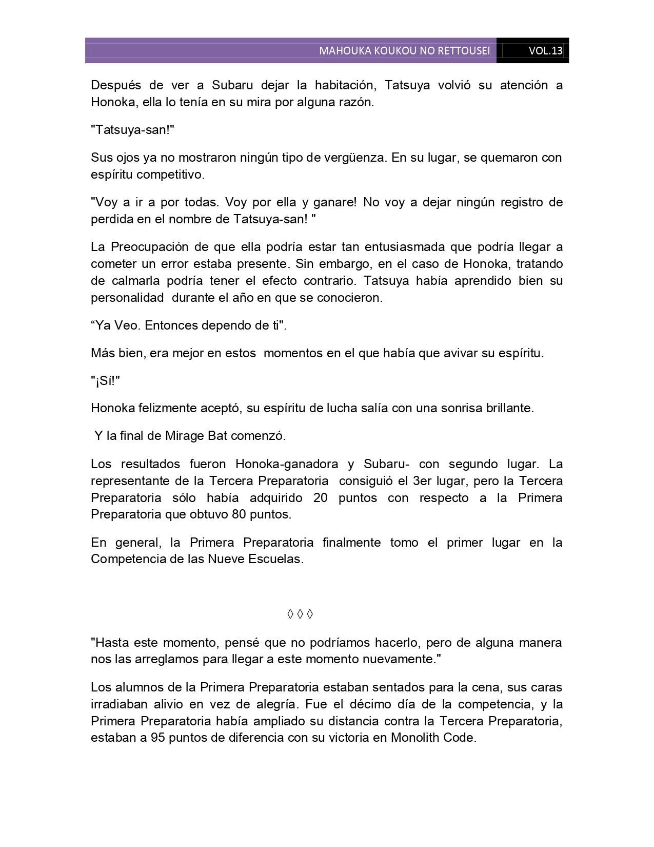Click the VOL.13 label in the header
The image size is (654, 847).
click(x=545, y=51)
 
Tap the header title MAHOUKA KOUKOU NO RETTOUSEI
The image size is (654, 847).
click(x=404, y=51)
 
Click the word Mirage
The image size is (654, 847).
click(x=185, y=436)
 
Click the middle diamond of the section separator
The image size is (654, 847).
click(x=300, y=614)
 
